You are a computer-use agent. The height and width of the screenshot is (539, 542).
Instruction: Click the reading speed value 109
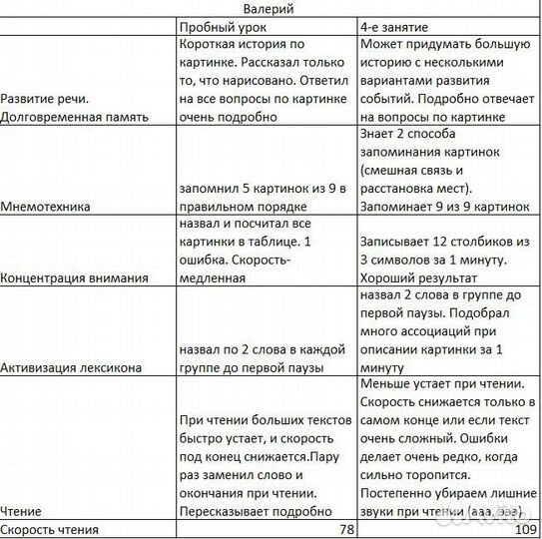(x=525, y=529)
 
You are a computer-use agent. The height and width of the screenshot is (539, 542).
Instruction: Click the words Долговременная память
(x=76, y=117)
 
